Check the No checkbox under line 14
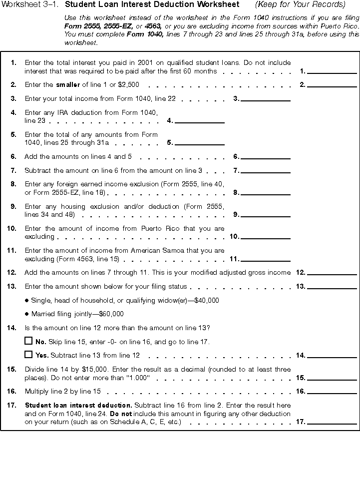[x=28, y=341]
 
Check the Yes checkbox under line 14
[x=28, y=355]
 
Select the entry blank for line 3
[x=265, y=98]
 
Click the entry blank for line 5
[x=199, y=142]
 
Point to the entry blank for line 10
[x=265, y=236]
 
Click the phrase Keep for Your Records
[x=300, y=4]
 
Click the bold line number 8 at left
[x=13, y=184]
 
